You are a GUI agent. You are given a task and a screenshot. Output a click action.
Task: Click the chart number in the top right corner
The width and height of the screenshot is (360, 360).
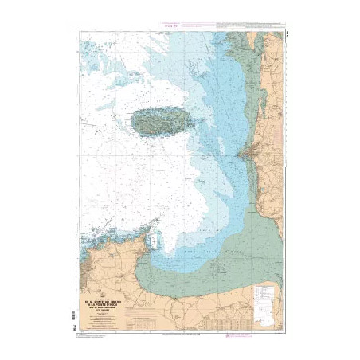click(x=279, y=32)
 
